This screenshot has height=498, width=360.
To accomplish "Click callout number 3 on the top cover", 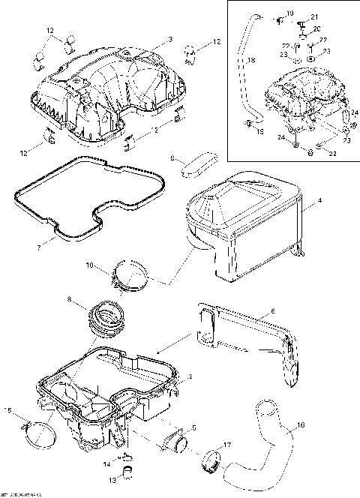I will click(170, 39).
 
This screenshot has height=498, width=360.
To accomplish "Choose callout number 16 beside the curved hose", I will click(301, 425).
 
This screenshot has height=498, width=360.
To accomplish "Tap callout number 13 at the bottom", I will click(115, 479).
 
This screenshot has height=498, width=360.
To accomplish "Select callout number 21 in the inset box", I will click(314, 17).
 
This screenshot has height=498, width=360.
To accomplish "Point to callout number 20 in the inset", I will click(316, 28).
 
